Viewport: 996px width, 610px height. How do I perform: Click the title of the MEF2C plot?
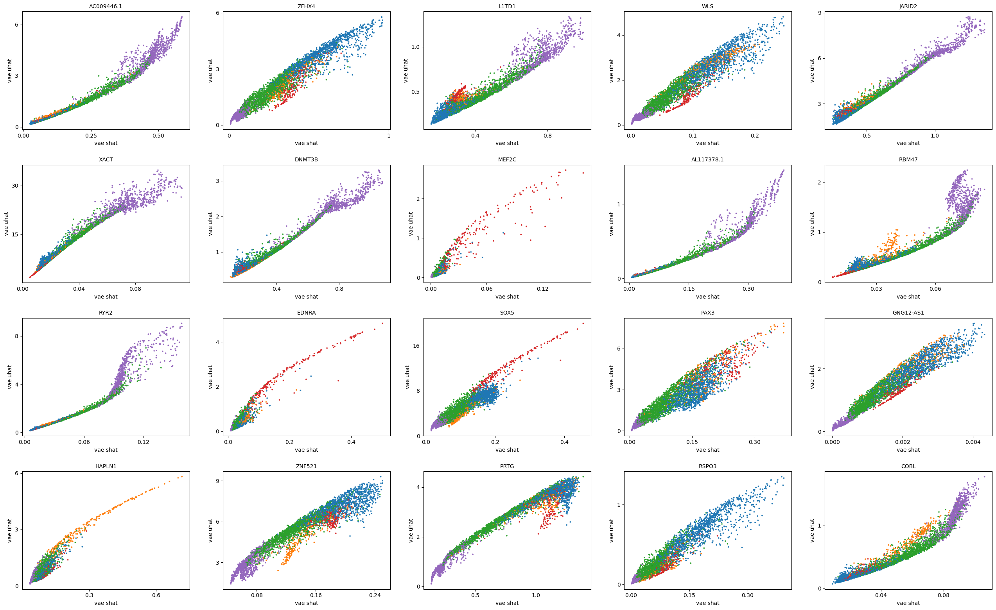pos(507,159)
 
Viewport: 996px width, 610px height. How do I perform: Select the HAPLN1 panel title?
pos(106,466)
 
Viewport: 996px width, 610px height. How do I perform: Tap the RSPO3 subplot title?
pos(707,466)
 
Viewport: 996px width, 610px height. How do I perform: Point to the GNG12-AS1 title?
pos(908,313)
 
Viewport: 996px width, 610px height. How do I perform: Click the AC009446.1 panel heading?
pos(106,6)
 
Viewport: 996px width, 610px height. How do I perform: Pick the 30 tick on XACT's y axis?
pos(15,186)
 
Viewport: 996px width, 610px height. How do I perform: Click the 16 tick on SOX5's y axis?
pos(416,346)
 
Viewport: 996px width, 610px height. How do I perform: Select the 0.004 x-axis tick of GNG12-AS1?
pos(973,442)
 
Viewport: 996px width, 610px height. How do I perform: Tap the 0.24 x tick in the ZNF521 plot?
pos(375,595)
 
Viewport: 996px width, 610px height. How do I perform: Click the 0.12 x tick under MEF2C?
pos(542,288)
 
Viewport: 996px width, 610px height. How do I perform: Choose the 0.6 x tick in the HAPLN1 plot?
pos(156,595)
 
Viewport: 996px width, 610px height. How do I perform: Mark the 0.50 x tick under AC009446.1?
pos(158,135)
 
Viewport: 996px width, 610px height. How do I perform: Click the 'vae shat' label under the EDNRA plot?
pos(307,450)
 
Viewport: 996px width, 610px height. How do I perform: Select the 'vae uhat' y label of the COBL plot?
pos(812,530)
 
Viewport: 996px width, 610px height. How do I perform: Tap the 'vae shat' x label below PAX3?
pos(707,450)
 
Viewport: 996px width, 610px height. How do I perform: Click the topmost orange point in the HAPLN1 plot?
pos(182,476)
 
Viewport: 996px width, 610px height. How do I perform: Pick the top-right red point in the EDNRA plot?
pos(382,323)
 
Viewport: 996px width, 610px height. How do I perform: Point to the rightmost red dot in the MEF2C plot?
pos(583,173)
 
